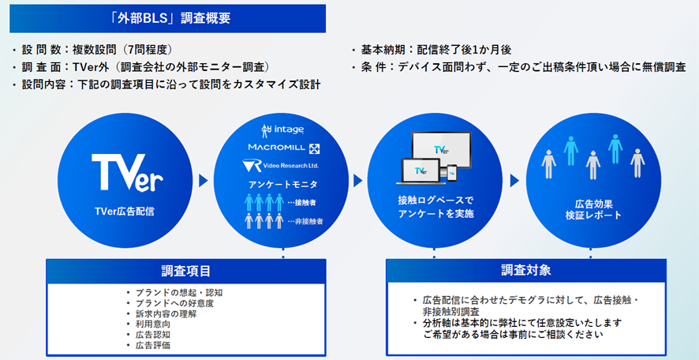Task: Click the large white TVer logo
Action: (128, 173)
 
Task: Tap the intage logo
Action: (282, 130)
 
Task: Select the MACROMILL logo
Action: (284, 148)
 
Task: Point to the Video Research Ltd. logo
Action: (282, 166)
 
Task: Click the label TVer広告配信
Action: (125, 212)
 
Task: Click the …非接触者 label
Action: (305, 221)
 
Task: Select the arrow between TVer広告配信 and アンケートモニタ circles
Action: (204, 181)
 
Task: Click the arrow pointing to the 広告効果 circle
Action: (514, 181)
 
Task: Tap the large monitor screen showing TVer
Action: (441, 149)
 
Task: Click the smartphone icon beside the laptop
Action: (451, 173)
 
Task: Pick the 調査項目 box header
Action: (186, 270)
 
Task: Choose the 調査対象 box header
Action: (526, 270)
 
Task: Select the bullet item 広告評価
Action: (148, 345)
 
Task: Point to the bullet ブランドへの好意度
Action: (170, 303)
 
